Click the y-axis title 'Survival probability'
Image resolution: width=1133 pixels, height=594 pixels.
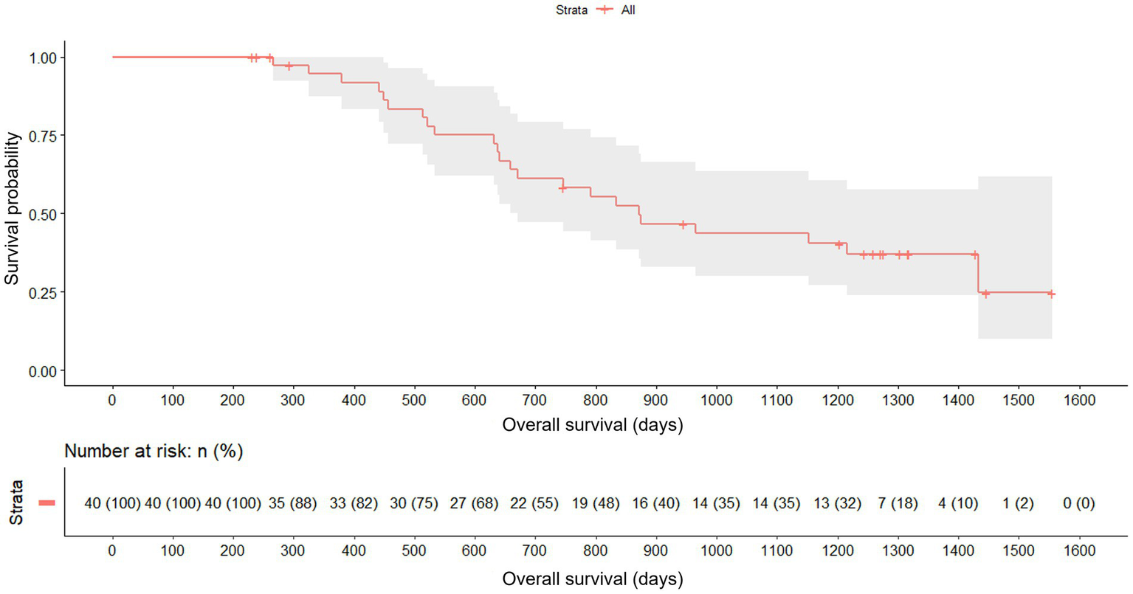pyautogui.click(x=12, y=209)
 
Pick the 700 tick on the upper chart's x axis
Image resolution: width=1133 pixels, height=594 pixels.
pyautogui.click(x=534, y=401)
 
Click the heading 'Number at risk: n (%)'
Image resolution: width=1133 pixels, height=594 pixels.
pyautogui.click(x=154, y=451)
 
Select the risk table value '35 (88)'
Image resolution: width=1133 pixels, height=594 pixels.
pyautogui.click(x=293, y=504)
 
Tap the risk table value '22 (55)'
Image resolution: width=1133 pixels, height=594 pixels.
pyautogui.click(x=534, y=504)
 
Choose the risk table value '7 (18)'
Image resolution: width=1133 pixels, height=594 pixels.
pyautogui.click(x=898, y=504)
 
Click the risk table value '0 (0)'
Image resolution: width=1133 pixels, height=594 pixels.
pyautogui.click(x=1078, y=504)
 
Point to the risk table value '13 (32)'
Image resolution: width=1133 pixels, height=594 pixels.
pyautogui.click(x=837, y=504)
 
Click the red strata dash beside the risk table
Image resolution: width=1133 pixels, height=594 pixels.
pyautogui.click(x=47, y=503)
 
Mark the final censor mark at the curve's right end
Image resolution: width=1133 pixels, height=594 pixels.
pyautogui.click(x=1051, y=294)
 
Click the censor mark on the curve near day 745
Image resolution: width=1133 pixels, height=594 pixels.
pyautogui.click(x=563, y=188)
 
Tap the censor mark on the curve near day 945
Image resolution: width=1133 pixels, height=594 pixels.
pyautogui.click(x=683, y=224)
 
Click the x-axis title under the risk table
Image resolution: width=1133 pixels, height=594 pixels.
pyautogui.click(x=592, y=579)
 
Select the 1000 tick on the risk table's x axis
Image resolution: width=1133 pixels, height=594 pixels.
pyautogui.click(x=716, y=551)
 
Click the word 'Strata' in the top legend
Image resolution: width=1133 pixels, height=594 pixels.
pyautogui.click(x=571, y=10)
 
